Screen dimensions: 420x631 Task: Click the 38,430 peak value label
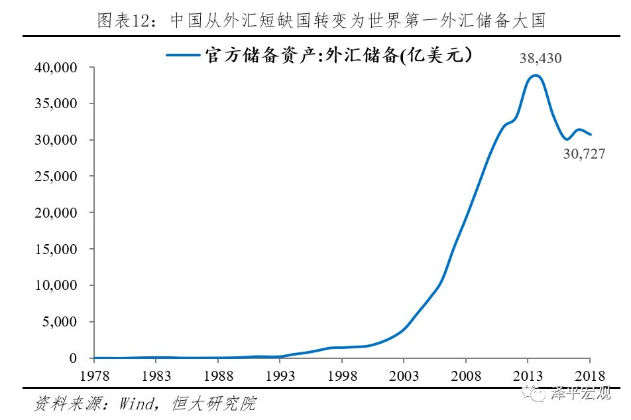tap(540, 59)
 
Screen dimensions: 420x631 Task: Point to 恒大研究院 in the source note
tap(223, 403)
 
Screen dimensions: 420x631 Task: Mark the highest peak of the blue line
tap(536, 76)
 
